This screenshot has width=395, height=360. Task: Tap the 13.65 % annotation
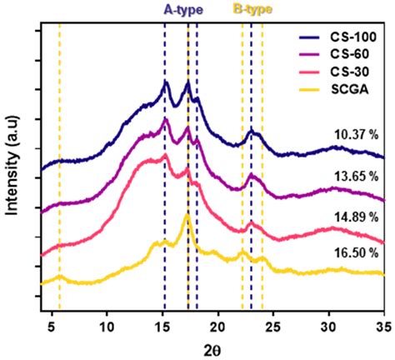pos(359,177)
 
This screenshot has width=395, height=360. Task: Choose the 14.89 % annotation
pos(359,215)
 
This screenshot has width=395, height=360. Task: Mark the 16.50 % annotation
pos(359,252)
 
